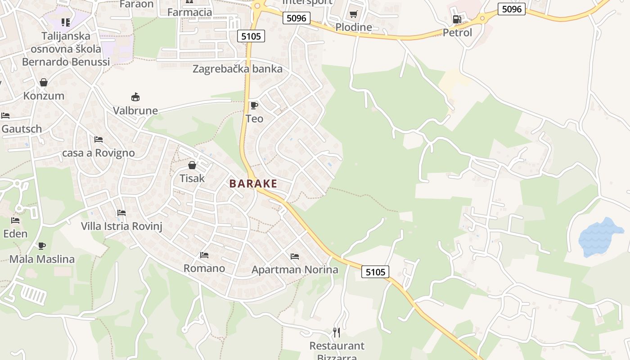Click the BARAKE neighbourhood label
coord(253,184)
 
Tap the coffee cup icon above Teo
coord(254,106)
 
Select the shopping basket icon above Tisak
coord(192,165)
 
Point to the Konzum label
coord(44,96)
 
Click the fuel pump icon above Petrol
coord(457,19)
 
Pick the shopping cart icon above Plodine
coord(354,14)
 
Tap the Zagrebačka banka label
coord(238,69)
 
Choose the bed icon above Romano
coord(204,255)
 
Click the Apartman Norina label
coord(295,270)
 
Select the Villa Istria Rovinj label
coord(121,226)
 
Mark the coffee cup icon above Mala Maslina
coord(42,246)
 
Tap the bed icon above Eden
coord(15,220)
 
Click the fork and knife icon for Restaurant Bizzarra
coord(337,333)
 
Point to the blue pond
coord(601,238)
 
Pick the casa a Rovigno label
coord(99,153)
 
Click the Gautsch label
coord(22,129)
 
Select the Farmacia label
coord(189,12)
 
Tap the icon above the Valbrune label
coord(135,97)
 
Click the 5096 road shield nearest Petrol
coord(512,9)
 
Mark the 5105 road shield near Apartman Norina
coord(375,272)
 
